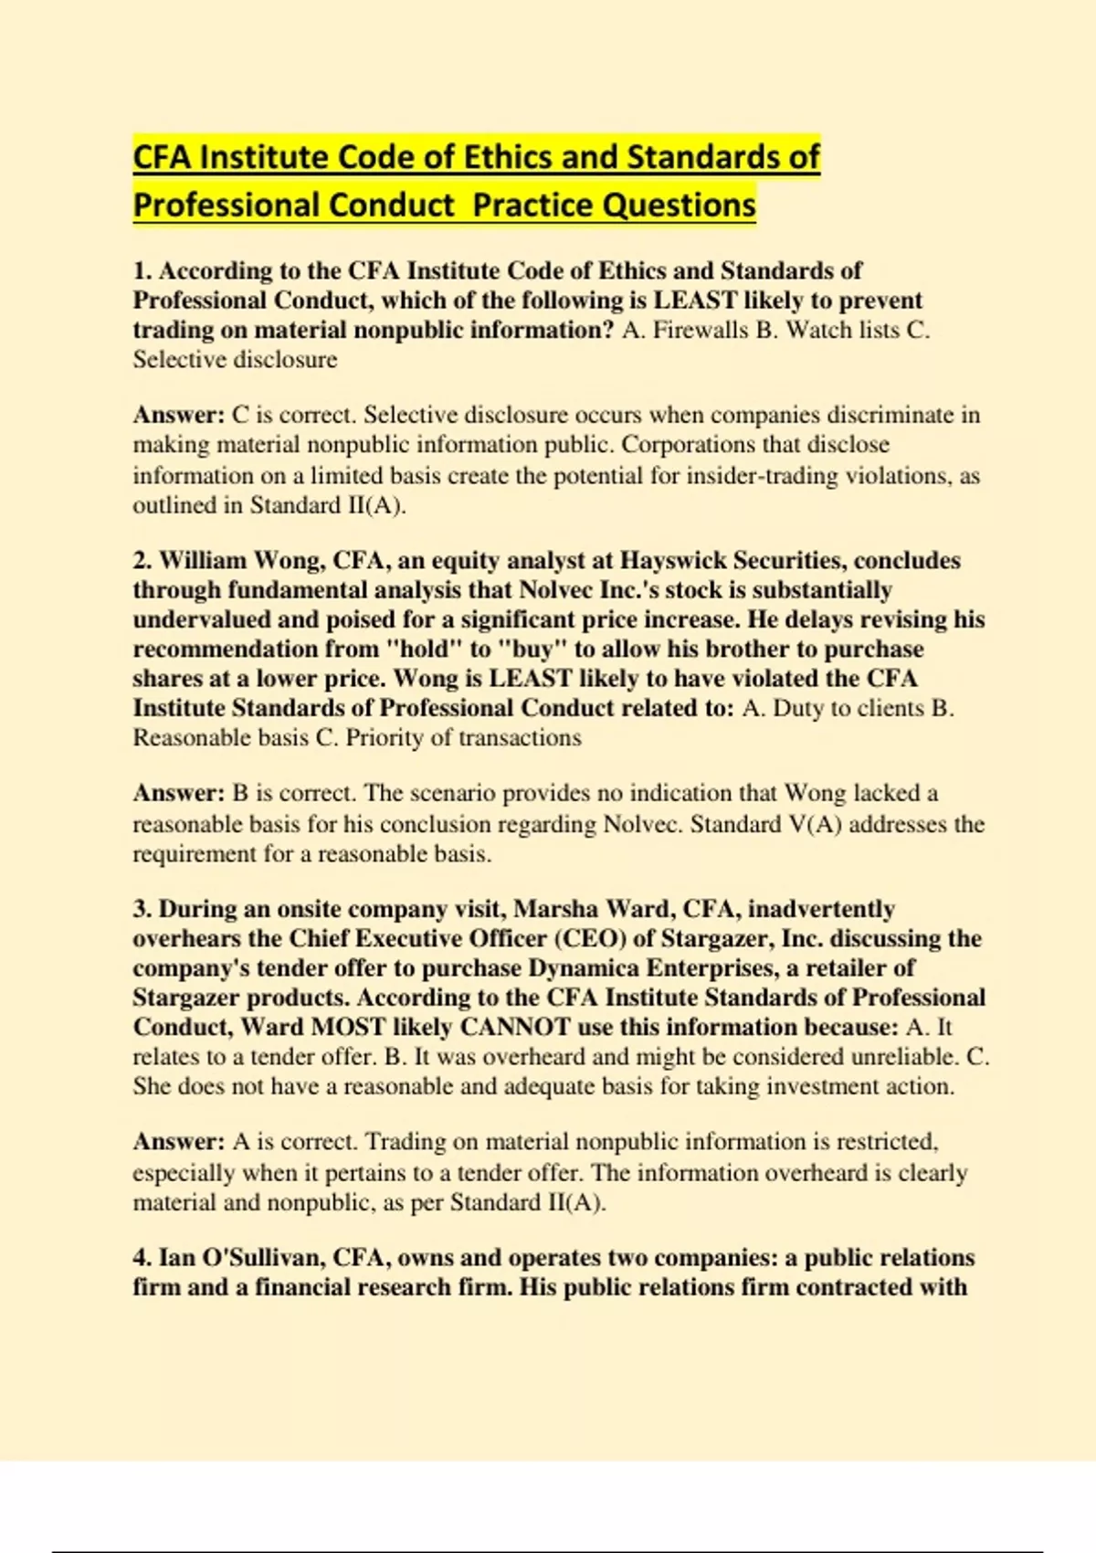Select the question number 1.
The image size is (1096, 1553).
(142, 271)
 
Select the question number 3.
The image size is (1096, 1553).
(142, 909)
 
